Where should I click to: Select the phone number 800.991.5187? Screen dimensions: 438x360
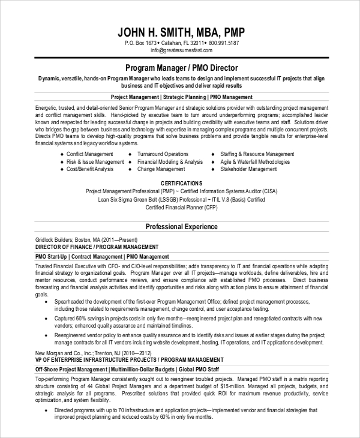pyautogui.click(x=224, y=43)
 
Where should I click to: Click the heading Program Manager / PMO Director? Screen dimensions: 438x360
pyautogui.click(x=181, y=68)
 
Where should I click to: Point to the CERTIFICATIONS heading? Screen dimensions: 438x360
pyautogui.click(x=181, y=182)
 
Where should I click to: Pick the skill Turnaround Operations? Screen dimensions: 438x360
pyautogui.click(x=163, y=154)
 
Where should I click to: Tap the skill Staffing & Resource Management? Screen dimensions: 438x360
pyautogui.click(x=257, y=154)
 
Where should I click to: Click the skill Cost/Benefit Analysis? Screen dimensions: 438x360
pyautogui.click(x=90, y=169)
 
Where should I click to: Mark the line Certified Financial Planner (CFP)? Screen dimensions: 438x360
pyautogui.click(x=181, y=207)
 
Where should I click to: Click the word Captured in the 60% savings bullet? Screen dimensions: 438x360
pyautogui.click(x=66, y=319)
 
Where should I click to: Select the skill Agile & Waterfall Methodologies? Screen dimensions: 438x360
pyautogui.click(x=255, y=162)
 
